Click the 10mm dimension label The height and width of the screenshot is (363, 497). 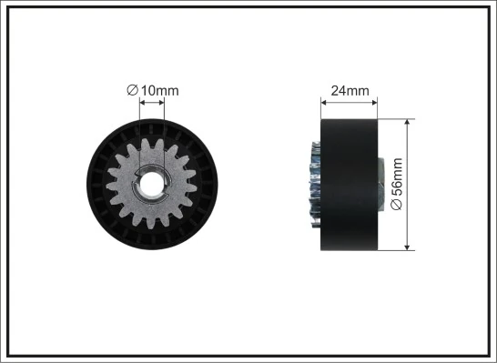point(157,89)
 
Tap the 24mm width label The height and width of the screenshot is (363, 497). point(350,90)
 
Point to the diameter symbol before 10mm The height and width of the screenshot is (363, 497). point(132,89)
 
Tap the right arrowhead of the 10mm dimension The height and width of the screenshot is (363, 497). point(166,103)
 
